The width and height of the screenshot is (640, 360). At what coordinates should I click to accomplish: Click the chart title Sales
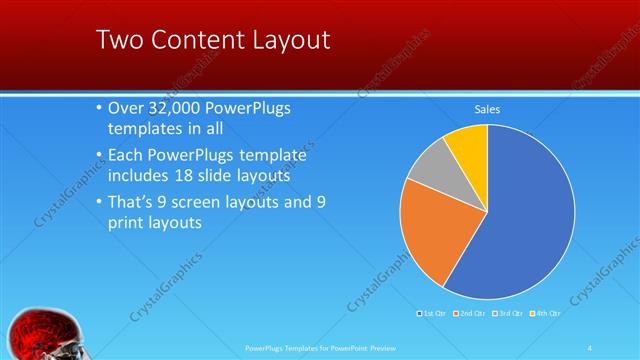click(x=486, y=109)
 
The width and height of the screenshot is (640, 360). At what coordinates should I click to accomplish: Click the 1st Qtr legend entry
click(x=432, y=314)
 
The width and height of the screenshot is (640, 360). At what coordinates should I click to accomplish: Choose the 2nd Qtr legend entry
click(x=470, y=314)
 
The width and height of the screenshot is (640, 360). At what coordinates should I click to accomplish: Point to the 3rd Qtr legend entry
click(x=506, y=314)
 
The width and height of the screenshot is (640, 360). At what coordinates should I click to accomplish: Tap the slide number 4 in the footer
click(x=590, y=347)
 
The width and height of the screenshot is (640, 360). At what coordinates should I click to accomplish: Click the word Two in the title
click(x=117, y=40)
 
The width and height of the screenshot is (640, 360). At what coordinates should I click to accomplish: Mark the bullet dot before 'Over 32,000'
click(x=98, y=108)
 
